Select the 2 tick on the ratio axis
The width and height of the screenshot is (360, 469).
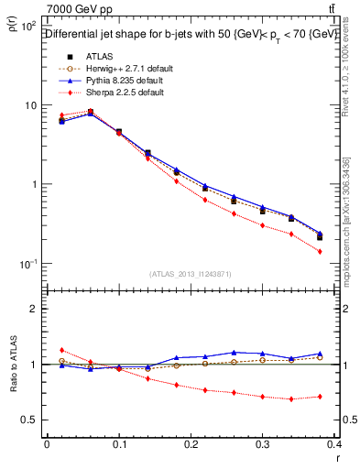[33, 309]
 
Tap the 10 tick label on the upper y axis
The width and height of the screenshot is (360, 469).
[28, 105]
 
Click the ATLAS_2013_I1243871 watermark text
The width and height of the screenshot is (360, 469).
[191, 274]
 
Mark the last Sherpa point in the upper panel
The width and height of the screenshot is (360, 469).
[345, 251]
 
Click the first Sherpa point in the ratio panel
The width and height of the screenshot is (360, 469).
[61, 350]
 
